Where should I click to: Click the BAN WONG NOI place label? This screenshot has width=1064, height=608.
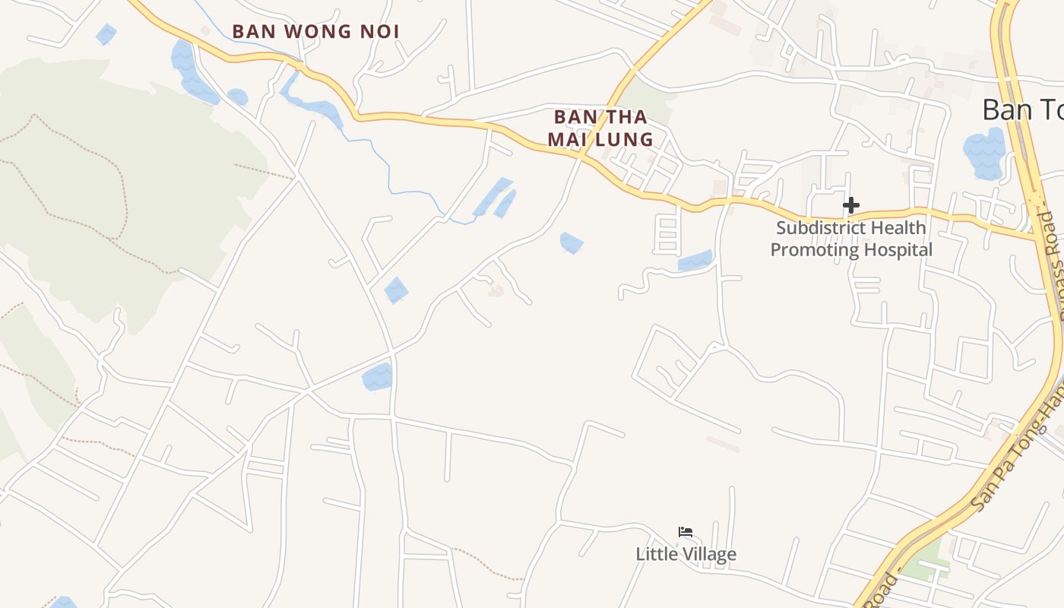click(315, 32)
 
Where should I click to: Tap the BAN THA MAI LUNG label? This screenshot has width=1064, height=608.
click(600, 128)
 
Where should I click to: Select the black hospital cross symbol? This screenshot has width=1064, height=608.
click(851, 205)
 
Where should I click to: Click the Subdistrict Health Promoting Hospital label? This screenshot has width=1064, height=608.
click(851, 239)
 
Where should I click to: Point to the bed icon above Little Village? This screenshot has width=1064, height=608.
click(686, 532)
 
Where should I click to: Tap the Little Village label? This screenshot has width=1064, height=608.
click(686, 554)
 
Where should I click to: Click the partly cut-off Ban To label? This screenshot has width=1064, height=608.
click(1022, 109)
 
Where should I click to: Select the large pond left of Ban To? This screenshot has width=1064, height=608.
click(983, 154)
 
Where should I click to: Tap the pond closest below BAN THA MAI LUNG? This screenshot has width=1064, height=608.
click(572, 242)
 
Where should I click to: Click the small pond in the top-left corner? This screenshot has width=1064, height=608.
click(106, 34)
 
